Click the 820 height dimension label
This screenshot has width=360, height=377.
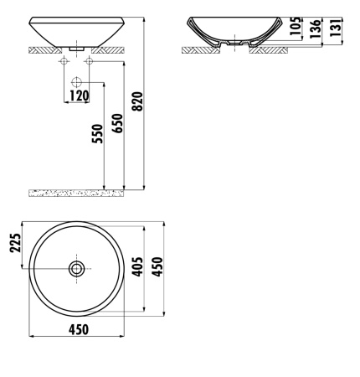point(137,101)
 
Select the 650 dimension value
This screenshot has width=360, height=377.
point(117,123)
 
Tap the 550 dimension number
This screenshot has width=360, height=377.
point(97,133)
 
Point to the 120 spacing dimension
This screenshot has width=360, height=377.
point(79,96)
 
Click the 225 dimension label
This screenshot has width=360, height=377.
point(15,243)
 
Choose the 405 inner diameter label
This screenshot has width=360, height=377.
point(137,267)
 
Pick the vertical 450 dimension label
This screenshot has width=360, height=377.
point(157,267)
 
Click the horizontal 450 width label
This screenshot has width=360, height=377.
point(79,329)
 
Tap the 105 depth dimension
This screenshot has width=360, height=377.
point(296,26)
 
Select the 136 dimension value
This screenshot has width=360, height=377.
point(316,27)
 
